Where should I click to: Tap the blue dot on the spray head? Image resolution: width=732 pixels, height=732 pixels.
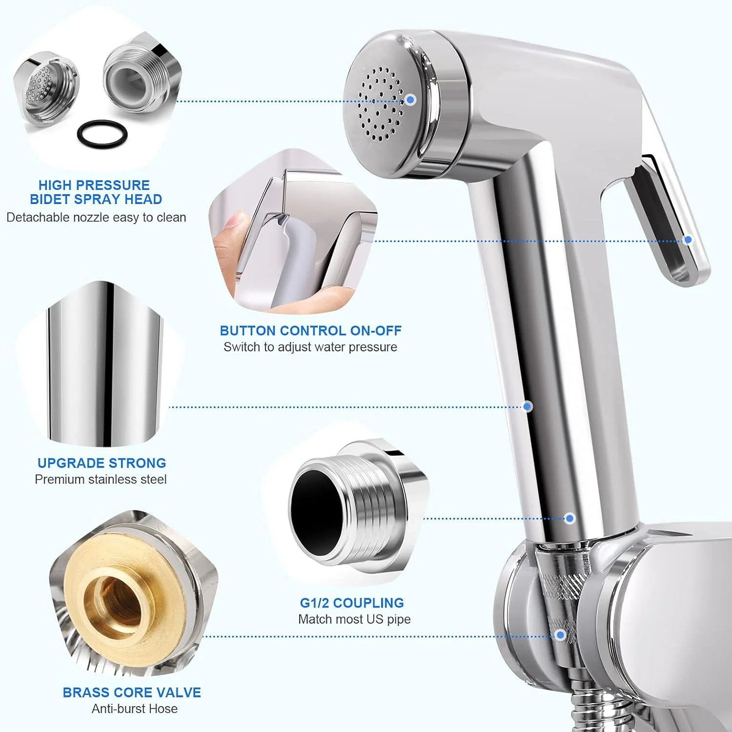[x=410, y=100]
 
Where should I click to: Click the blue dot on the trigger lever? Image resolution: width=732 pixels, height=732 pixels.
[x=688, y=240]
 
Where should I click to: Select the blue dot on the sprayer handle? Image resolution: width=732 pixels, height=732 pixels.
[x=528, y=407]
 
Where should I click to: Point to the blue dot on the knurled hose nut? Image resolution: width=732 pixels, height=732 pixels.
[x=561, y=635]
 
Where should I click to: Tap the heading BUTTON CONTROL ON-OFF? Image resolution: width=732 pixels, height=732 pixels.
[x=310, y=331]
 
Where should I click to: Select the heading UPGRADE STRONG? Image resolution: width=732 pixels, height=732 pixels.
[x=102, y=463]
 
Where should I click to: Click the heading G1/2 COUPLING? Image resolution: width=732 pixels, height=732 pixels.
[x=352, y=603]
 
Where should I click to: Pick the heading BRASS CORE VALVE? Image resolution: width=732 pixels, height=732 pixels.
[x=132, y=692]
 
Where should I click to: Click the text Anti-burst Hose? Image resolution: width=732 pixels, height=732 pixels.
[x=135, y=709]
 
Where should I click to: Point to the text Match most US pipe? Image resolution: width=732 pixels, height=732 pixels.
[x=354, y=619]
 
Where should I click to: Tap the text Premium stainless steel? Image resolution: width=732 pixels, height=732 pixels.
[x=101, y=479]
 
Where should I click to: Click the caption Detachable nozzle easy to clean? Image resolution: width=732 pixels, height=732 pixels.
[x=96, y=217]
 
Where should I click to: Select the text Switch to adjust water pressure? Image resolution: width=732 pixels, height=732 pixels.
[x=310, y=347]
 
